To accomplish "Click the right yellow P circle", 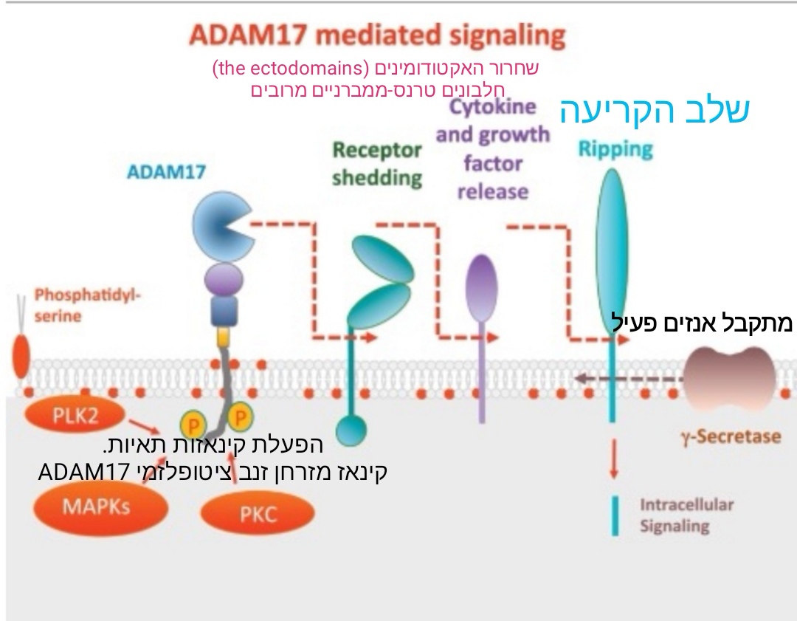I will pyautogui.click(x=239, y=419).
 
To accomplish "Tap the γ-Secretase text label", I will pyautogui.click(x=730, y=436).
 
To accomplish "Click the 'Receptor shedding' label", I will pyautogui.click(x=377, y=164).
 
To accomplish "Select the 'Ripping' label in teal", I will pyautogui.click(x=615, y=149).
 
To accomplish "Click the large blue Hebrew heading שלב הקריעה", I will pyautogui.click(x=655, y=110).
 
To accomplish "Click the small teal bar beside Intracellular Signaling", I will pyautogui.click(x=614, y=515).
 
